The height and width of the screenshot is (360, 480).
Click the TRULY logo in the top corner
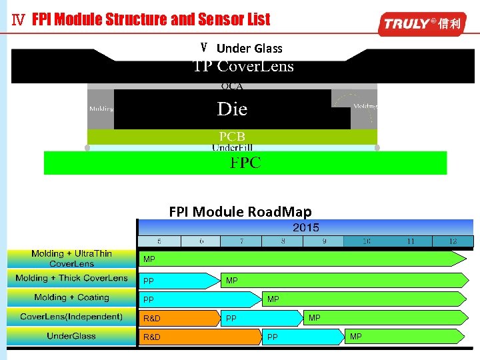coord(421,24)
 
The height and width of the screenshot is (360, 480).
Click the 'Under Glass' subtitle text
coord(249,48)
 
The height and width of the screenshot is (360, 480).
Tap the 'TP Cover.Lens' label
coord(243,67)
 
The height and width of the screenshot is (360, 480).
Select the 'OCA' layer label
coord(232,86)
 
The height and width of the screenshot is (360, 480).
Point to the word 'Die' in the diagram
coord(232,109)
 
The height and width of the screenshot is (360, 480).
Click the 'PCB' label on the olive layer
coord(232,137)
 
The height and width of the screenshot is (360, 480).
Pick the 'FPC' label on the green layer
coord(245,163)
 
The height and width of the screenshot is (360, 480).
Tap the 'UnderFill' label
coord(232,147)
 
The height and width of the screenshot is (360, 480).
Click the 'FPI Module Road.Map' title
coord(240,212)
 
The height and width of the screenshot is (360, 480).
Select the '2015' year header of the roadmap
coord(305,227)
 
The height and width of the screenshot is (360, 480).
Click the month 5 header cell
coord(159,241)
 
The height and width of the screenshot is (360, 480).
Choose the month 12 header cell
coord(453,241)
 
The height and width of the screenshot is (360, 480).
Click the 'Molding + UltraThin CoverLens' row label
coord(71,259)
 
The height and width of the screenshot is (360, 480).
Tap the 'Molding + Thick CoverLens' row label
coord(71,279)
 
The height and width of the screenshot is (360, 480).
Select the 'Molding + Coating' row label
coord(71,297)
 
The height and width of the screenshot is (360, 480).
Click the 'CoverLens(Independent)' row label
coord(71,317)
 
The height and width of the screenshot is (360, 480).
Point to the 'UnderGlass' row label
coord(71,336)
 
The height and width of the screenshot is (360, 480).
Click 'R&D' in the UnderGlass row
coord(152,337)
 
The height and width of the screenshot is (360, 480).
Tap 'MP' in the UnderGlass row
coord(356,337)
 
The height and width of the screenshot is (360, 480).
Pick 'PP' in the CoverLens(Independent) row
coord(231,319)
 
